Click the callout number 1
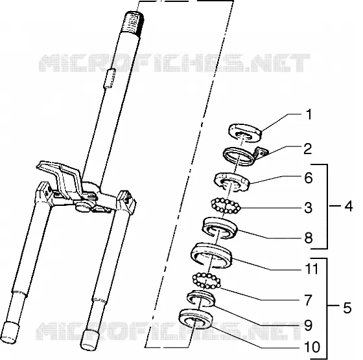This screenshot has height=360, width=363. [x=309, y=115]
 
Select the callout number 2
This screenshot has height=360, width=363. [x=308, y=149]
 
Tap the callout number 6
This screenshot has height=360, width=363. [x=309, y=178]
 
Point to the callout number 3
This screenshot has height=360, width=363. [x=308, y=207]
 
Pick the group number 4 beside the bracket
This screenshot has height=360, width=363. [x=349, y=206]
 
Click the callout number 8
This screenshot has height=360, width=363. [x=309, y=238]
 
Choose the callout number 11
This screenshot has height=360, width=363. [x=312, y=269]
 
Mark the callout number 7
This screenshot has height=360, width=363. [x=308, y=300]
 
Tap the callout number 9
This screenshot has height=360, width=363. [x=308, y=325]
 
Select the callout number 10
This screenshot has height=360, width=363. [x=312, y=347]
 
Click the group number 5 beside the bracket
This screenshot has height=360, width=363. [x=347, y=308]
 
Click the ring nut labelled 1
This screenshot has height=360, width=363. [x=245, y=133]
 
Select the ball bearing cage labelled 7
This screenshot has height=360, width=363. [x=207, y=281]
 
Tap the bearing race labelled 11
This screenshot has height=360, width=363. [x=211, y=256]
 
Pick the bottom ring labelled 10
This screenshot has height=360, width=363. [x=196, y=319]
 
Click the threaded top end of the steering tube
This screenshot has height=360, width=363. [x=134, y=23]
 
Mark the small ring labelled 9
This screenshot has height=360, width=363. [x=201, y=298]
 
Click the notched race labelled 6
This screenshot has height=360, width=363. [x=232, y=182]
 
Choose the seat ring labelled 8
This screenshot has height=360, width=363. [x=220, y=227]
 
